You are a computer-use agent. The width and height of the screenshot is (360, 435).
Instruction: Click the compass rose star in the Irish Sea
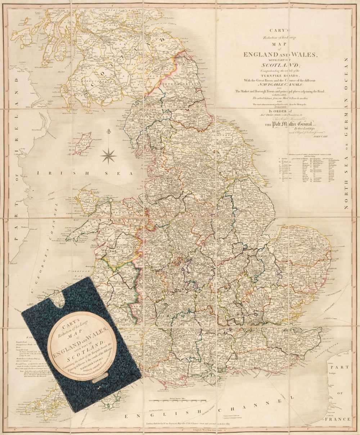[x=108, y=155]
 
